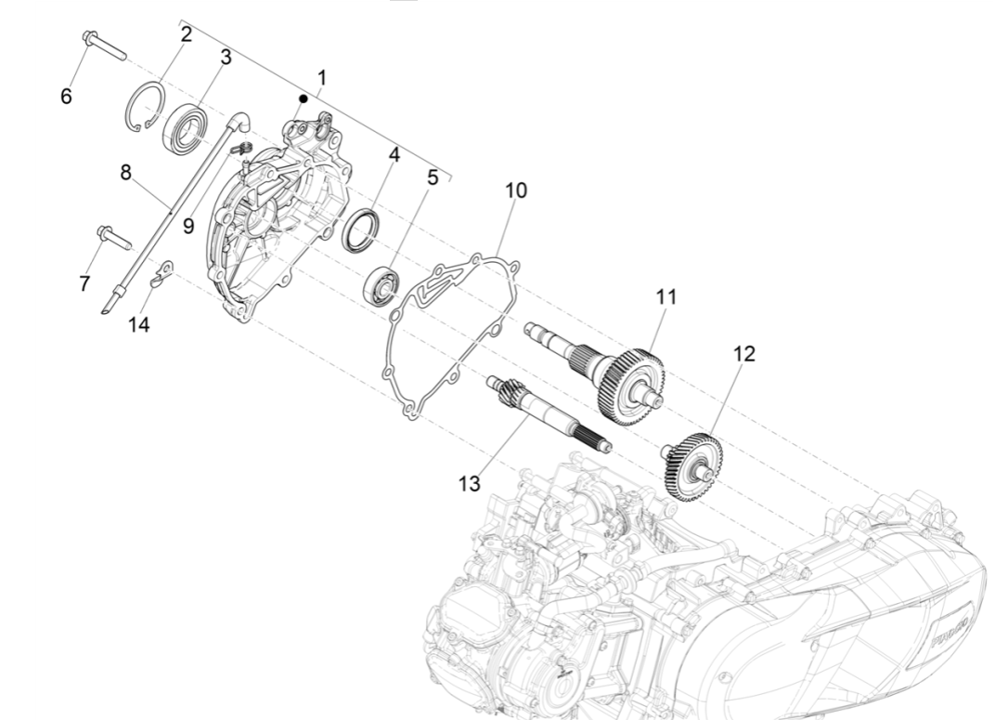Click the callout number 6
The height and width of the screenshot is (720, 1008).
point(66,96)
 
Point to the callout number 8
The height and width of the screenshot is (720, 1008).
point(126,173)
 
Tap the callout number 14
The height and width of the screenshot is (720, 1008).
point(139,323)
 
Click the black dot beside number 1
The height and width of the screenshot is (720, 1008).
point(303,98)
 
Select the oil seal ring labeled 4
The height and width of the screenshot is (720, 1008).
point(362,230)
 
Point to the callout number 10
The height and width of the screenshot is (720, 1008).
point(516,190)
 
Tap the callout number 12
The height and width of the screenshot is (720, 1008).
point(743,353)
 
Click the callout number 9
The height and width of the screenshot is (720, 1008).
point(188,226)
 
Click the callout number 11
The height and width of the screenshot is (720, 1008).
point(666,297)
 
